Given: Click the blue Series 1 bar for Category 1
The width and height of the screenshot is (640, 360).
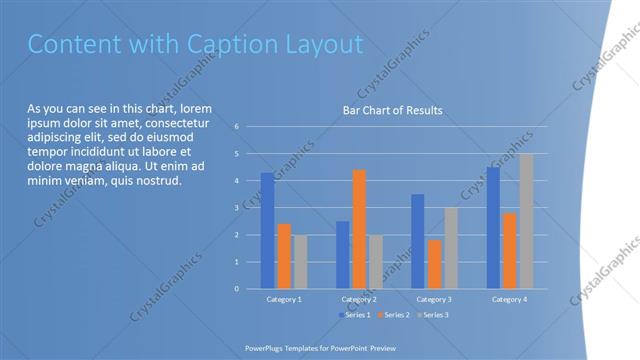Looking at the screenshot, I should tap(267, 231).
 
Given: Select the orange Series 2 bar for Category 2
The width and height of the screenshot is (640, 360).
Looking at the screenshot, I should tap(359, 229).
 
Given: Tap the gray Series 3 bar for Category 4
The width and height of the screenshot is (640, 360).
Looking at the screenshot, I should tap(526, 221).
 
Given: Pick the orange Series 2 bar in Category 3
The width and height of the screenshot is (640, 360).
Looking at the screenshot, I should tap(434, 264).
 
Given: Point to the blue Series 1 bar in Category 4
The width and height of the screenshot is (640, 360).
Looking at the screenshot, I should tap(493, 228).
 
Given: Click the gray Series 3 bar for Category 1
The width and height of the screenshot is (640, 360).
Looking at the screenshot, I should tap(301, 262).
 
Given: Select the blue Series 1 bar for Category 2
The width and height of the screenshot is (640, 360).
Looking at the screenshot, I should tap(343, 255).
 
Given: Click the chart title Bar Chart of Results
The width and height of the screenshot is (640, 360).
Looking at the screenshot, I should tap(392, 110).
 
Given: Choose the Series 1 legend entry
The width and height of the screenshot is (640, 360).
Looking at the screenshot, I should tap(355, 315).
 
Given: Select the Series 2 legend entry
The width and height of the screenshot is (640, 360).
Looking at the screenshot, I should tap(394, 315).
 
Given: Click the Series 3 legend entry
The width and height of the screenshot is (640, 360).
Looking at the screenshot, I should tap(433, 315).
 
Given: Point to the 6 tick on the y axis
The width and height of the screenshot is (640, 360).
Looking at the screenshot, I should tap(237, 127).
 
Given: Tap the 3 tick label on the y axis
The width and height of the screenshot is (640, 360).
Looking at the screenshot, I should tap(237, 208).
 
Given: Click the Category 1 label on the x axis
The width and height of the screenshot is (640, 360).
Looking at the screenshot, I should tap(284, 299).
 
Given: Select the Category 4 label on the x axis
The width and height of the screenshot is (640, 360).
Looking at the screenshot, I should tap(509, 299).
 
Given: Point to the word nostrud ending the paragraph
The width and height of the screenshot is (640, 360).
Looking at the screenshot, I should tap(158, 181).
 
